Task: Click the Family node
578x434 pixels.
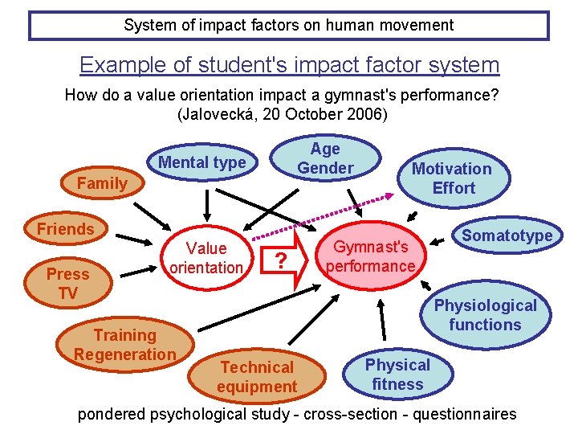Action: (102, 183)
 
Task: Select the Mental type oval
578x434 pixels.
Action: (202, 163)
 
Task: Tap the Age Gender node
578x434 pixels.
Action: (325, 158)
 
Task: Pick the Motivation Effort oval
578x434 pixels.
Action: (451, 178)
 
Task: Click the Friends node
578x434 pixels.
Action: (66, 229)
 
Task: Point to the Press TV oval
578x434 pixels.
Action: (68, 284)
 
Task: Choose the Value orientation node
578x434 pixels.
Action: (206, 257)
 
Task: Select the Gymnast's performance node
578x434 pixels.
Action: (371, 256)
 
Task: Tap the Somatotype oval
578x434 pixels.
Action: (507, 235)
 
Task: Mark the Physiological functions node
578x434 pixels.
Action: (485, 315)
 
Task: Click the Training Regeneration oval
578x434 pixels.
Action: (124, 345)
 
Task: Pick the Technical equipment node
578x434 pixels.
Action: (257, 376)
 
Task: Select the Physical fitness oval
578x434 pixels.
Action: (397, 374)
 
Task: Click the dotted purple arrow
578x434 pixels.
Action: (321, 215)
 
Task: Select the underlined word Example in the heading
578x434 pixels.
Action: (112, 64)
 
